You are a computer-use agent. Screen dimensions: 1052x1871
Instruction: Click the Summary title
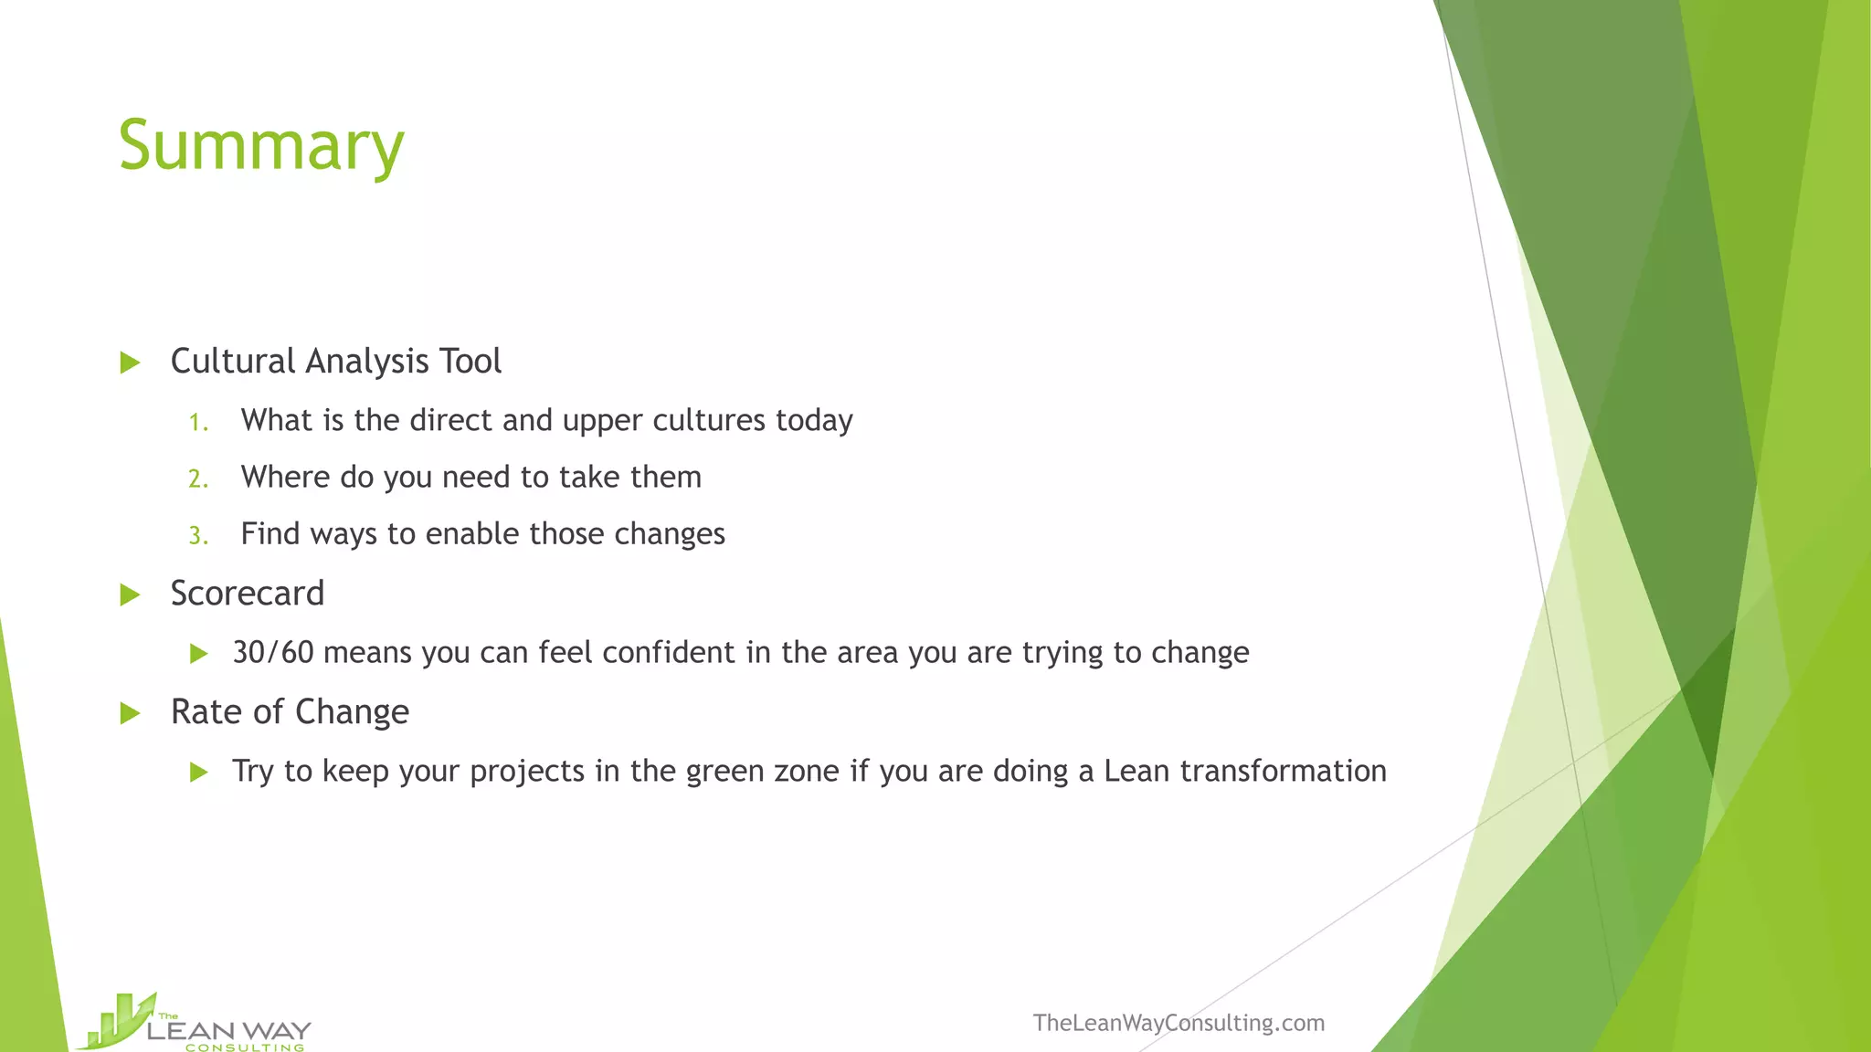click(x=261, y=146)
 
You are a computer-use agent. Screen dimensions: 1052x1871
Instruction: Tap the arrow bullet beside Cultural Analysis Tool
click(x=130, y=363)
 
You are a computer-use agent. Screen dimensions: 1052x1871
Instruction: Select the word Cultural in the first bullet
click(x=233, y=362)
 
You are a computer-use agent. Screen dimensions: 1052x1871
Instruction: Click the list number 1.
click(x=197, y=422)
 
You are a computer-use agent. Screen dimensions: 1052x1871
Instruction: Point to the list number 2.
click(x=198, y=479)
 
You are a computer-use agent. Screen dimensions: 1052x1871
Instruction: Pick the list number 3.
click(x=198, y=535)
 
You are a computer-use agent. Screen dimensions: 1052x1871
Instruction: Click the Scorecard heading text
click(x=248, y=594)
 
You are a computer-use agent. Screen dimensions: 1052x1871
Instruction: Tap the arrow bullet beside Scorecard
click(x=130, y=595)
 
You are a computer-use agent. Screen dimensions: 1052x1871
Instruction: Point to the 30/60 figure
click(x=273, y=652)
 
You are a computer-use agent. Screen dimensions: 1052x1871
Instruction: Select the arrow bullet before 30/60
click(x=198, y=654)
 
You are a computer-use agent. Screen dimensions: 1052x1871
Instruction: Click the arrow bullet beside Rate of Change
click(x=130, y=713)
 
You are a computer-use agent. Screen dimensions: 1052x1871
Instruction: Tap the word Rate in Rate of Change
click(x=206, y=712)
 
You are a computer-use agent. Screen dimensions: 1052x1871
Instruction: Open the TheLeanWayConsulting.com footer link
click(x=1179, y=1023)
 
